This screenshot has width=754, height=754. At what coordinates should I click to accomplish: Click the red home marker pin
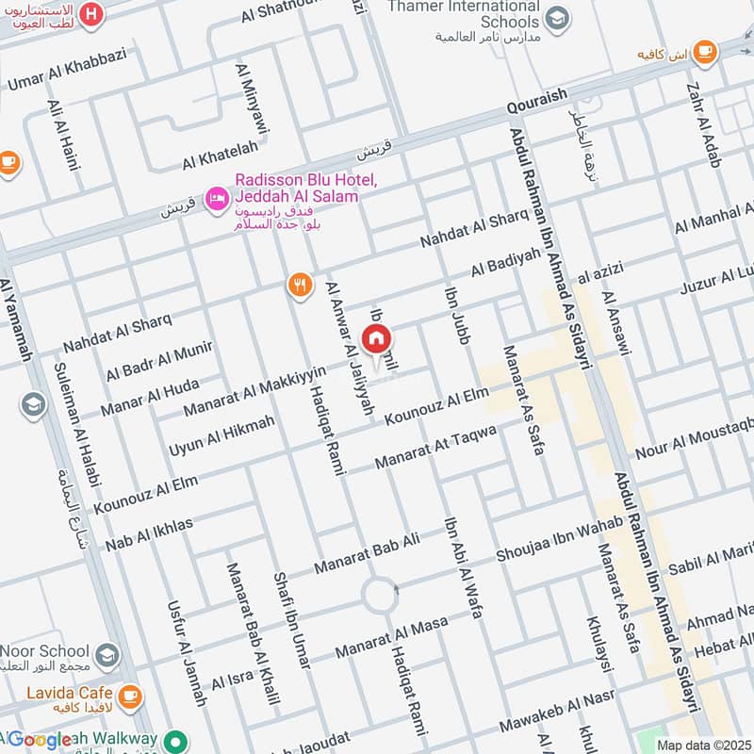(376, 338)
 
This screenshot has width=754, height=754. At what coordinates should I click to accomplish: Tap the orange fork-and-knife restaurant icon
(300, 286)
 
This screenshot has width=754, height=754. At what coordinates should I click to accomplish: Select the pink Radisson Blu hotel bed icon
(217, 196)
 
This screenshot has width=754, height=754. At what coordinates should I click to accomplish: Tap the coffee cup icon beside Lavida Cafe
(129, 697)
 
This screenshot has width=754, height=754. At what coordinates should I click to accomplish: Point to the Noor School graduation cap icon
(107, 652)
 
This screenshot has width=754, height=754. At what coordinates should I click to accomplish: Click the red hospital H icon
(90, 13)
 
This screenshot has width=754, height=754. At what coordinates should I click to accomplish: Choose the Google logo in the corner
(40, 740)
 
